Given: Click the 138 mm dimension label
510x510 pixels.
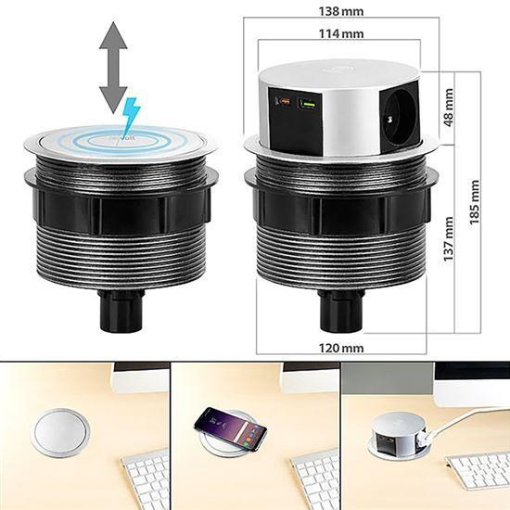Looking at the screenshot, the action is [x=341, y=12].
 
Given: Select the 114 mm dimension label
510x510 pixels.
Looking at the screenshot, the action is [x=341, y=33].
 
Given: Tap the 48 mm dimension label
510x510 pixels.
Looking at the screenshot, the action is [x=449, y=108].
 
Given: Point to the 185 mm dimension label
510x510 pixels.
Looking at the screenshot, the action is [x=475, y=202].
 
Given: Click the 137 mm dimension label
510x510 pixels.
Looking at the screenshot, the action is [x=449, y=239].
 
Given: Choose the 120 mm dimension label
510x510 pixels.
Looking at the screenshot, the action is [x=341, y=349].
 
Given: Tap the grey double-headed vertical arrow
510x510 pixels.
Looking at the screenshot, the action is [x=113, y=68].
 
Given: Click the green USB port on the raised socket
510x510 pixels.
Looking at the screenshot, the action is [x=307, y=105].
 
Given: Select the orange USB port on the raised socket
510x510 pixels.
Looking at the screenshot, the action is [x=283, y=102].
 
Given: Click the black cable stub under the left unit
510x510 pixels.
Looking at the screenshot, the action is [x=121, y=311].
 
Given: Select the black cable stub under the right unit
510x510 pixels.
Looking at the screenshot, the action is [x=340, y=311].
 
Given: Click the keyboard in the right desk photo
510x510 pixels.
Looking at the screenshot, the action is [x=478, y=470].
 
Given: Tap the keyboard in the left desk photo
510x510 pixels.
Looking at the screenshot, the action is [x=146, y=478].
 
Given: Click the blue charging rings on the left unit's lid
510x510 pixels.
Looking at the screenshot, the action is [x=121, y=142].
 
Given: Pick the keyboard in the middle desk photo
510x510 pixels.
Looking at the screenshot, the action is [x=315, y=478].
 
